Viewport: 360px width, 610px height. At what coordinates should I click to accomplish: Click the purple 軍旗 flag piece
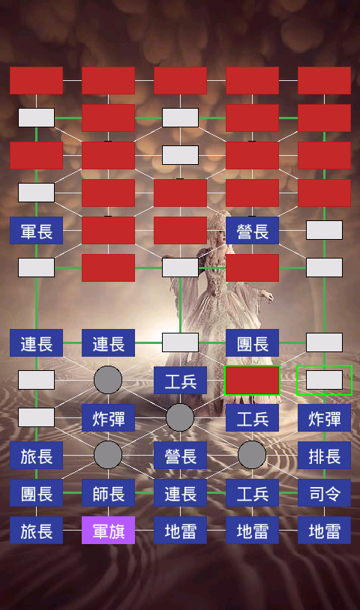pyautogui.click(x=108, y=531)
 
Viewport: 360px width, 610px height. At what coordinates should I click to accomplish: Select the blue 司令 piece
pyautogui.click(x=324, y=493)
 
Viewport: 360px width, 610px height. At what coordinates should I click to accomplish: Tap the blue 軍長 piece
pyautogui.click(x=36, y=231)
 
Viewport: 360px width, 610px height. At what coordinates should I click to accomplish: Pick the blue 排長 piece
pyautogui.click(x=324, y=455)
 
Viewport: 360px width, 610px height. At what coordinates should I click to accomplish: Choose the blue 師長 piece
pyautogui.click(x=108, y=493)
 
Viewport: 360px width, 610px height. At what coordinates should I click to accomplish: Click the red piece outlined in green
pyautogui.click(x=252, y=381)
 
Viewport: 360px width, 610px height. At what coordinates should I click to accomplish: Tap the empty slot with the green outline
pyautogui.click(x=324, y=381)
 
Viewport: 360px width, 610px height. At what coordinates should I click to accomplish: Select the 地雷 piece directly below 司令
pyautogui.click(x=324, y=531)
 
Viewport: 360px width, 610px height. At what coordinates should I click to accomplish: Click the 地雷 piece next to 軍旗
pyautogui.click(x=180, y=531)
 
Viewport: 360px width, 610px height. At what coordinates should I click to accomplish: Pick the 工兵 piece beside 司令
pyautogui.click(x=252, y=493)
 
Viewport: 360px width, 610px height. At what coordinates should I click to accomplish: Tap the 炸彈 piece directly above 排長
pyautogui.click(x=324, y=418)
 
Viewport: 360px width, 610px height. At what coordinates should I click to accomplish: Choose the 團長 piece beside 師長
pyautogui.click(x=36, y=493)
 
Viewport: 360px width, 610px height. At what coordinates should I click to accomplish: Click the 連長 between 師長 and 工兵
pyautogui.click(x=180, y=493)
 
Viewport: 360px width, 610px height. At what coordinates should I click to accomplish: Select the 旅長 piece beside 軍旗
pyautogui.click(x=36, y=531)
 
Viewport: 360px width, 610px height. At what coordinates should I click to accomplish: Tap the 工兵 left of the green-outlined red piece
pyautogui.click(x=180, y=381)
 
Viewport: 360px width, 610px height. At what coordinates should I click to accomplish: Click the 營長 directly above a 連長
pyautogui.click(x=180, y=455)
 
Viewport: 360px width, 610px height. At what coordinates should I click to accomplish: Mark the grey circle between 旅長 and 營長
pyautogui.click(x=108, y=455)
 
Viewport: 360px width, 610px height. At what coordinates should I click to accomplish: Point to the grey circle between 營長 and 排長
pyautogui.click(x=252, y=455)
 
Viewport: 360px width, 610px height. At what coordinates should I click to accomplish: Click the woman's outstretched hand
pyautogui.click(x=268, y=297)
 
